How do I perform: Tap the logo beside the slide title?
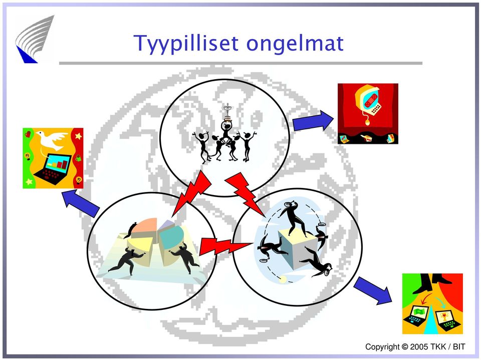(35, 39)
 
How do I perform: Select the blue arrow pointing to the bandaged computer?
(313, 121)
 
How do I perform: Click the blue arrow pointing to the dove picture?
(81, 203)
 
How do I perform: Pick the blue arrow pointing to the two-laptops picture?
(373, 290)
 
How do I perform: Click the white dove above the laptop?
(52, 139)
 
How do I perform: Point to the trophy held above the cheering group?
(227, 112)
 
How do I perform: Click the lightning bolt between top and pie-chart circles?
(191, 194)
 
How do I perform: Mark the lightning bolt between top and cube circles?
(246, 194)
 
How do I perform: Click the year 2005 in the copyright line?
(419, 347)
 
